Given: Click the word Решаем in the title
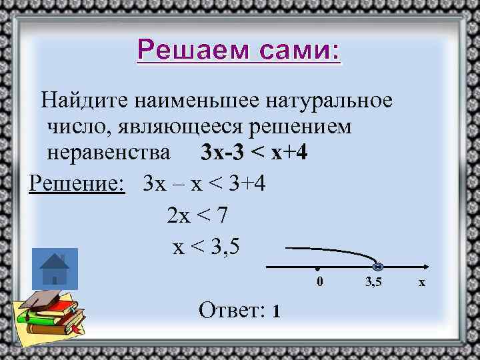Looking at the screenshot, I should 184,49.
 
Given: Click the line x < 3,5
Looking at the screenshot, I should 205,247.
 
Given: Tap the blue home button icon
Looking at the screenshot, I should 55,269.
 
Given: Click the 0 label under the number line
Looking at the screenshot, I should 319,282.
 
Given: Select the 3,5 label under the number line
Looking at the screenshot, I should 373,282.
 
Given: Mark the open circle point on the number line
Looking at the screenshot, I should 377,265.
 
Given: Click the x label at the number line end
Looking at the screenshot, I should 421,283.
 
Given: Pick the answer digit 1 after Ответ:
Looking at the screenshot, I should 275,311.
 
